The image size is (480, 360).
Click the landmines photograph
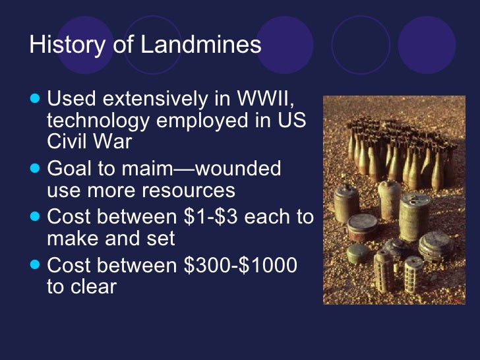(x=394, y=200)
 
